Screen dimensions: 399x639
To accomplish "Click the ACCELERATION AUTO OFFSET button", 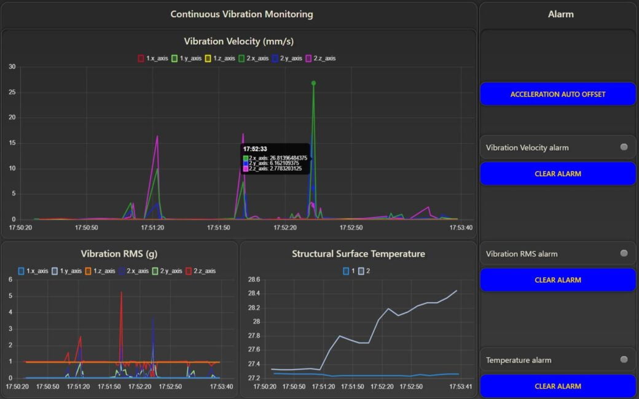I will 557,95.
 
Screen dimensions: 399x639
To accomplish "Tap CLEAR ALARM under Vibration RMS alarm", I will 557,280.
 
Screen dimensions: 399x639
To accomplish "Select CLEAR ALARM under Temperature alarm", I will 557,386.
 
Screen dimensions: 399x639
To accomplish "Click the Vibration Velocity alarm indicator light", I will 624,147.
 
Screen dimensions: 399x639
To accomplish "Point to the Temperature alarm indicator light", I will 624,360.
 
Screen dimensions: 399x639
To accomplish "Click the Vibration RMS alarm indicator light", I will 624,253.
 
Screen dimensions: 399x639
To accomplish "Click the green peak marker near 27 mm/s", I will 313,83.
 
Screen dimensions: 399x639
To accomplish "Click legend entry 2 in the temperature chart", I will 365,271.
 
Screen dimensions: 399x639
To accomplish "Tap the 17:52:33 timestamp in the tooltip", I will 255,149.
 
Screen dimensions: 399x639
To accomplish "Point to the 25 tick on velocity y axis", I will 12,92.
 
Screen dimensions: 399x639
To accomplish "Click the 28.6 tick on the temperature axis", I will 254,279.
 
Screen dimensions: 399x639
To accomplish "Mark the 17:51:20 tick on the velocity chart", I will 152,227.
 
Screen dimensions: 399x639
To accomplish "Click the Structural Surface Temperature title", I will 358,254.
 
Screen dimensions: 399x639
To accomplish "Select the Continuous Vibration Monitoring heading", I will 241,14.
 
